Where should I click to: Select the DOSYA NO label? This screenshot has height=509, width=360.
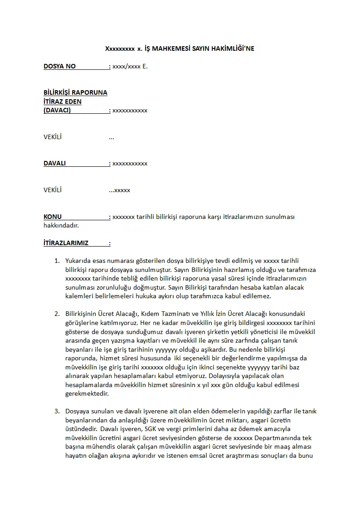click(59, 66)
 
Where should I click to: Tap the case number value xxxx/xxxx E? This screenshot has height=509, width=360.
click(130, 67)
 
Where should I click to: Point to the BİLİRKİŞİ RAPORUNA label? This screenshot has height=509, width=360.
click(75, 92)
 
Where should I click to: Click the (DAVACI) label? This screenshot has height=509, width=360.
click(57, 110)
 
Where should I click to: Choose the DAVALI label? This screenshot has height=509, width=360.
click(54, 163)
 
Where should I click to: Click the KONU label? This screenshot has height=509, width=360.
click(53, 217)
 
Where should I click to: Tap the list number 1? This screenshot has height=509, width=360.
click(57, 261)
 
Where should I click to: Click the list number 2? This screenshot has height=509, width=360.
click(57, 314)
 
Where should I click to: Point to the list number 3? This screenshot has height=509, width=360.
click(57, 412)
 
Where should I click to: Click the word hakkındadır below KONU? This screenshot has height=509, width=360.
click(61, 225)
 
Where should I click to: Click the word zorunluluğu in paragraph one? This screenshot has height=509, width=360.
click(112, 287)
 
